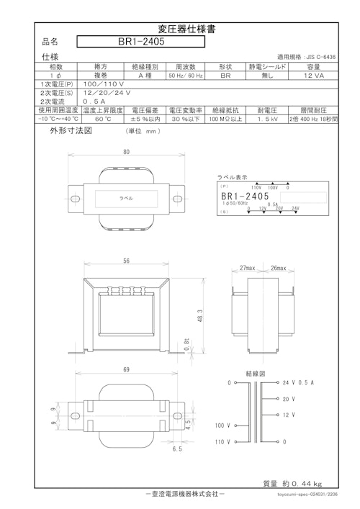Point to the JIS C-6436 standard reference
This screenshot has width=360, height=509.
click(x=307, y=55)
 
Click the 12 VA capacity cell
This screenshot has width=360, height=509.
click(x=312, y=75)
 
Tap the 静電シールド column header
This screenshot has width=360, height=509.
click(x=267, y=66)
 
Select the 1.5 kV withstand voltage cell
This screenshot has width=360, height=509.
click(x=267, y=120)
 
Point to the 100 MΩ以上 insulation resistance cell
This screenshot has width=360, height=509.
click(x=225, y=120)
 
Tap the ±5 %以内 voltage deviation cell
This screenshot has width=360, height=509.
click(x=143, y=120)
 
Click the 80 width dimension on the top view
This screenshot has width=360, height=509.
click(x=126, y=153)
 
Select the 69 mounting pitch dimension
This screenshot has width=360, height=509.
click(x=126, y=369)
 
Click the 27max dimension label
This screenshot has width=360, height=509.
click(x=249, y=268)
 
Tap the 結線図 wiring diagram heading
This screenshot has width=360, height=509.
click(x=256, y=374)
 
